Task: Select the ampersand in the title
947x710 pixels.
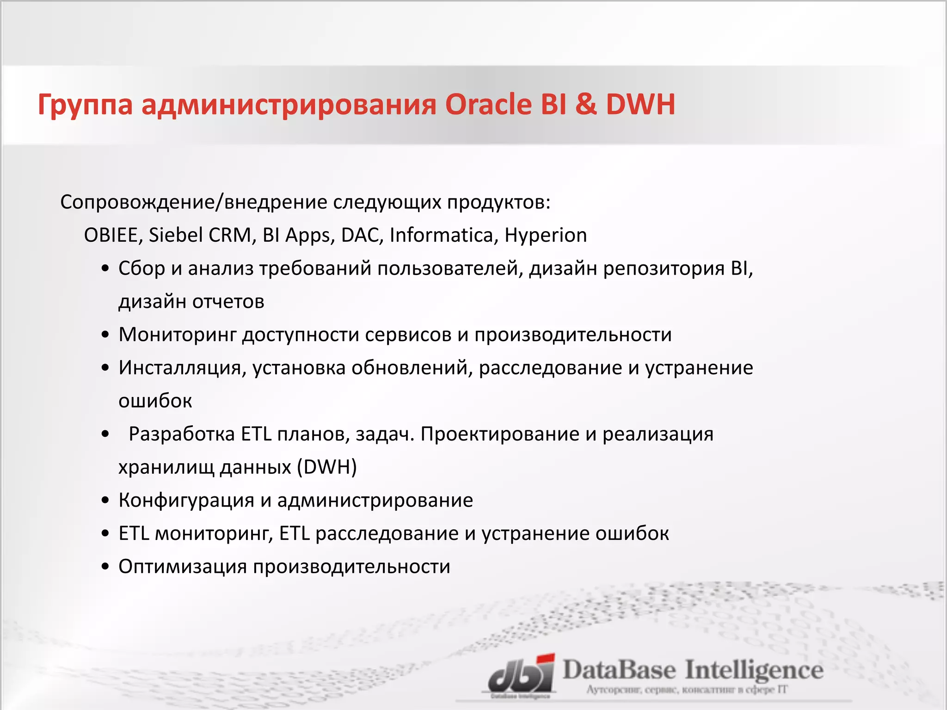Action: (x=586, y=104)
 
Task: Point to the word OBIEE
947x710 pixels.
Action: (x=111, y=235)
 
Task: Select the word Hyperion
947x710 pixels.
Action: (x=546, y=235)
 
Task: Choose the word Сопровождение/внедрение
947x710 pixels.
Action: (x=194, y=202)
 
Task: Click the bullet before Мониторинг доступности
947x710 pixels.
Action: (x=106, y=335)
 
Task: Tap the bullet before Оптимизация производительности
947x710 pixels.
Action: (x=106, y=567)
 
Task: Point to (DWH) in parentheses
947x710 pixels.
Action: (x=327, y=467)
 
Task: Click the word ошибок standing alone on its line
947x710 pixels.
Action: (x=155, y=401)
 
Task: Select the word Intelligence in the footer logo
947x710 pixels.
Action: (x=754, y=670)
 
